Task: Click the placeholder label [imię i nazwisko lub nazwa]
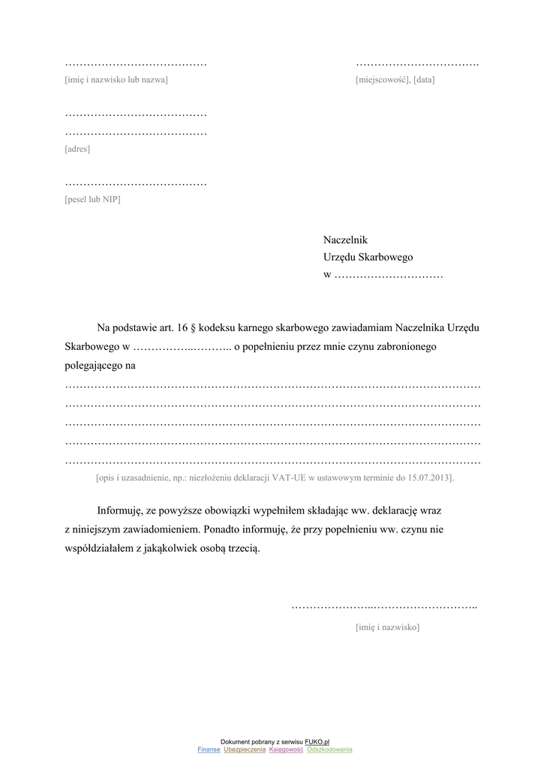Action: pyautogui.click(x=116, y=80)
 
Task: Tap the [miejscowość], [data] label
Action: pyautogui.click(x=395, y=80)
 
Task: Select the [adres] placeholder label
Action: pyautogui.click(x=77, y=149)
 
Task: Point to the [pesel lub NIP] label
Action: pyautogui.click(x=92, y=200)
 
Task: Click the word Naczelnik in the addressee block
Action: pyautogui.click(x=345, y=240)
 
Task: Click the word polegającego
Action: pyautogui.click(x=93, y=366)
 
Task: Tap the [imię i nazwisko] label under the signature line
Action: pyautogui.click(x=387, y=627)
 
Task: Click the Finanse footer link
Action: pyautogui.click(x=209, y=749)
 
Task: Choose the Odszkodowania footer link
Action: pyautogui.click(x=329, y=749)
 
